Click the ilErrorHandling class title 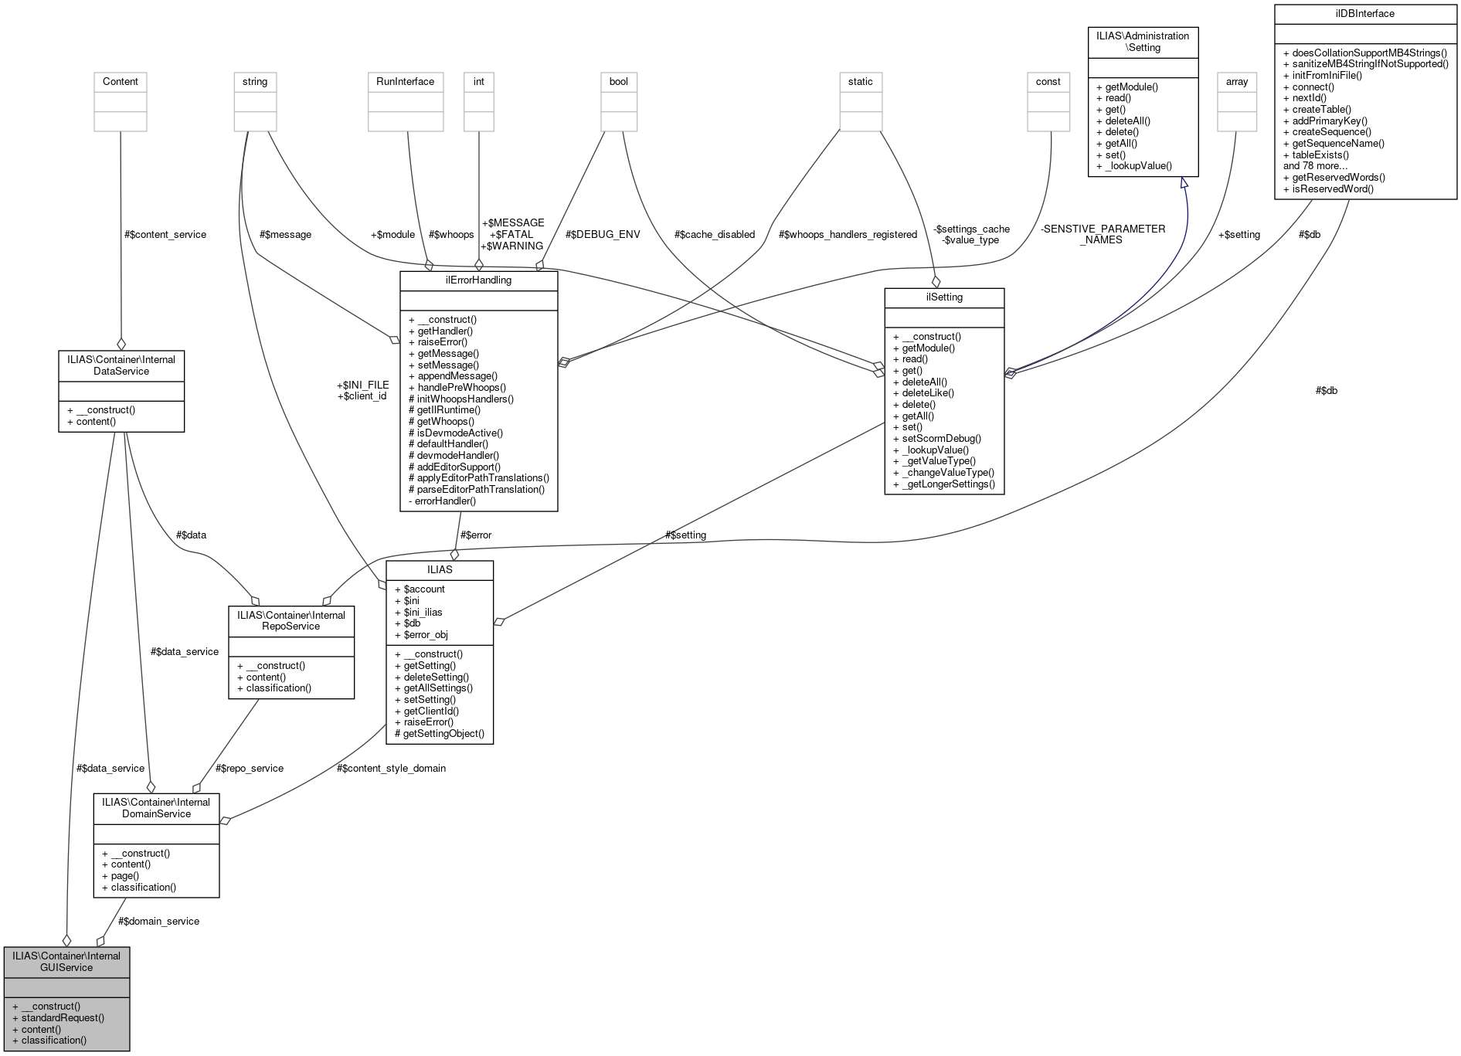[478, 280]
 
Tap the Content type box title [121, 82]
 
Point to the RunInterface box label [406, 82]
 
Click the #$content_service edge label [165, 235]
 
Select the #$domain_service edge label [159, 922]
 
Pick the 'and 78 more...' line [1315, 166]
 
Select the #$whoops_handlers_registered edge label [848, 235]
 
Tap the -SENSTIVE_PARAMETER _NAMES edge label [1103, 235]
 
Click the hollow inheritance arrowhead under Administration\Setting [1184, 183]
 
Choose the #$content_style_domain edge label [391, 769]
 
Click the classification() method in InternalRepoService [278, 688]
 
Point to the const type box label [1048, 82]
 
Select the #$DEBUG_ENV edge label [603, 235]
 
